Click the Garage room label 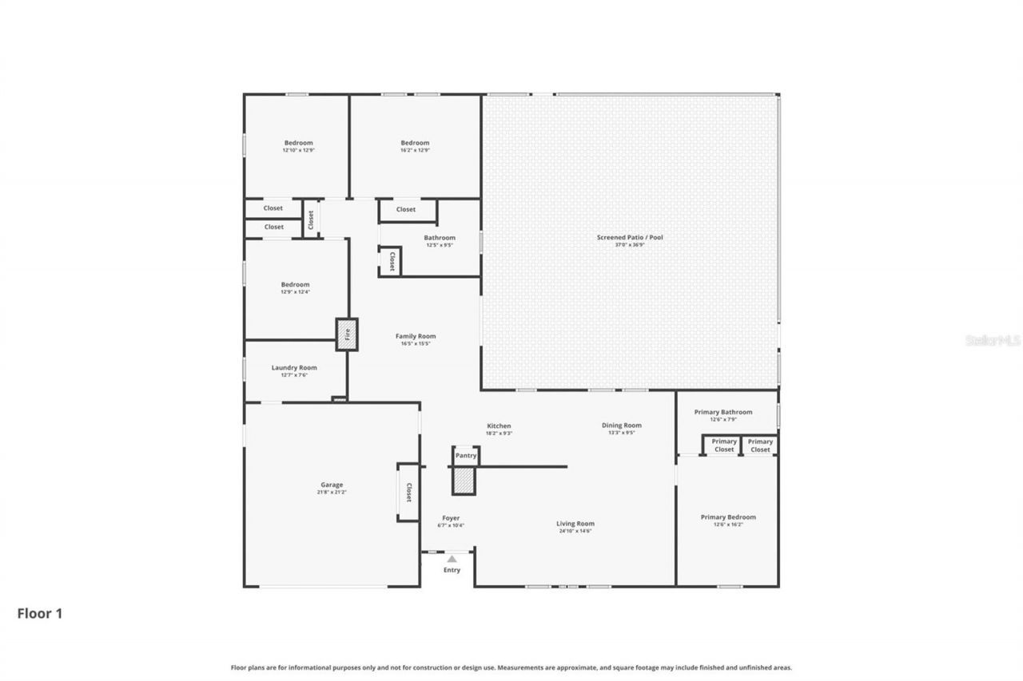pos(332,485)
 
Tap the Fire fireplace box pos(347,335)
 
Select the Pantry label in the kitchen pos(465,456)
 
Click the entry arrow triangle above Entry pos(452,559)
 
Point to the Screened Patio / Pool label pos(630,237)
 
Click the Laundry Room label pos(294,368)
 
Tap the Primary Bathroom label pos(722,412)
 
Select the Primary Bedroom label pos(728,517)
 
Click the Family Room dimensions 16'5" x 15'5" pos(416,344)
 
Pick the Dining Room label pos(622,426)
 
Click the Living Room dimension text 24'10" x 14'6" pos(575,531)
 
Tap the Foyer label pos(451,518)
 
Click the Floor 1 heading pos(39,614)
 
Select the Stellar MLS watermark pos(993,340)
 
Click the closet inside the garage pos(408,493)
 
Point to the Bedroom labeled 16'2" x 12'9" pos(415,143)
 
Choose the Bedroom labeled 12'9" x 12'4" pos(295,284)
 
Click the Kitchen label pos(499,426)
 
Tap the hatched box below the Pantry pos(464,481)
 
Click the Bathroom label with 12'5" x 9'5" pos(440,238)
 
